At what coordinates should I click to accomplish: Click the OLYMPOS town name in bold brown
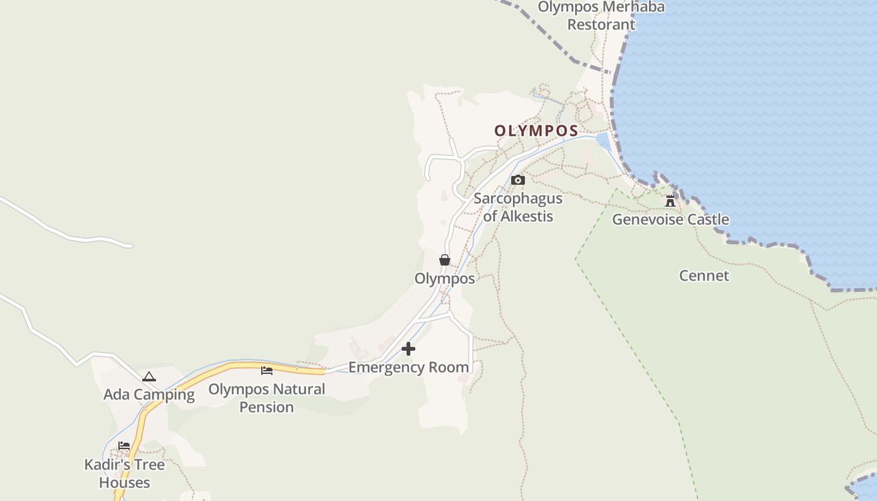pyautogui.click(x=536, y=131)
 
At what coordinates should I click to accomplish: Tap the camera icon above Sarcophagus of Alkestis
pyautogui.click(x=517, y=180)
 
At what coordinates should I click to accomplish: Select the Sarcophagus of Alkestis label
pyautogui.click(x=517, y=207)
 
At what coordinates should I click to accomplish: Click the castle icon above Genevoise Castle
pyautogui.click(x=670, y=201)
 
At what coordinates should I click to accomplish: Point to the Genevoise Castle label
pyautogui.click(x=670, y=219)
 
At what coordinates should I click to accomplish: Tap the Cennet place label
pyautogui.click(x=704, y=276)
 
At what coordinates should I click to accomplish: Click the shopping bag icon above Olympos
pyautogui.click(x=445, y=260)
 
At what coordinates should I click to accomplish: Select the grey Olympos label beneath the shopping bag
pyautogui.click(x=445, y=278)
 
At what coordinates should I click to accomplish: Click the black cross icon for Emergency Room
pyautogui.click(x=408, y=349)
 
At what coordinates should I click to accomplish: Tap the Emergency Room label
pyautogui.click(x=408, y=367)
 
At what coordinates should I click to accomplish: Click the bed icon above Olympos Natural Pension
pyautogui.click(x=267, y=371)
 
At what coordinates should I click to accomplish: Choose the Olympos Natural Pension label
pyautogui.click(x=267, y=398)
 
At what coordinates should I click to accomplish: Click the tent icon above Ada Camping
pyautogui.click(x=148, y=377)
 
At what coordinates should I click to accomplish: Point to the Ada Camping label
pyautogui.click(x=149, y=395)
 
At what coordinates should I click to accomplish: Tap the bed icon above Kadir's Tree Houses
pyautogui.click(x=124, y=446)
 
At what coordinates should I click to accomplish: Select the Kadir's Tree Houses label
pyautogui.click(x=125, y=473)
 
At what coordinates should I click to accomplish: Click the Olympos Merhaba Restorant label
pyautogui.click(x=601, y=16)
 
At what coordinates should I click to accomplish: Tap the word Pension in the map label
pyautogui.click(x=267, y=407)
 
